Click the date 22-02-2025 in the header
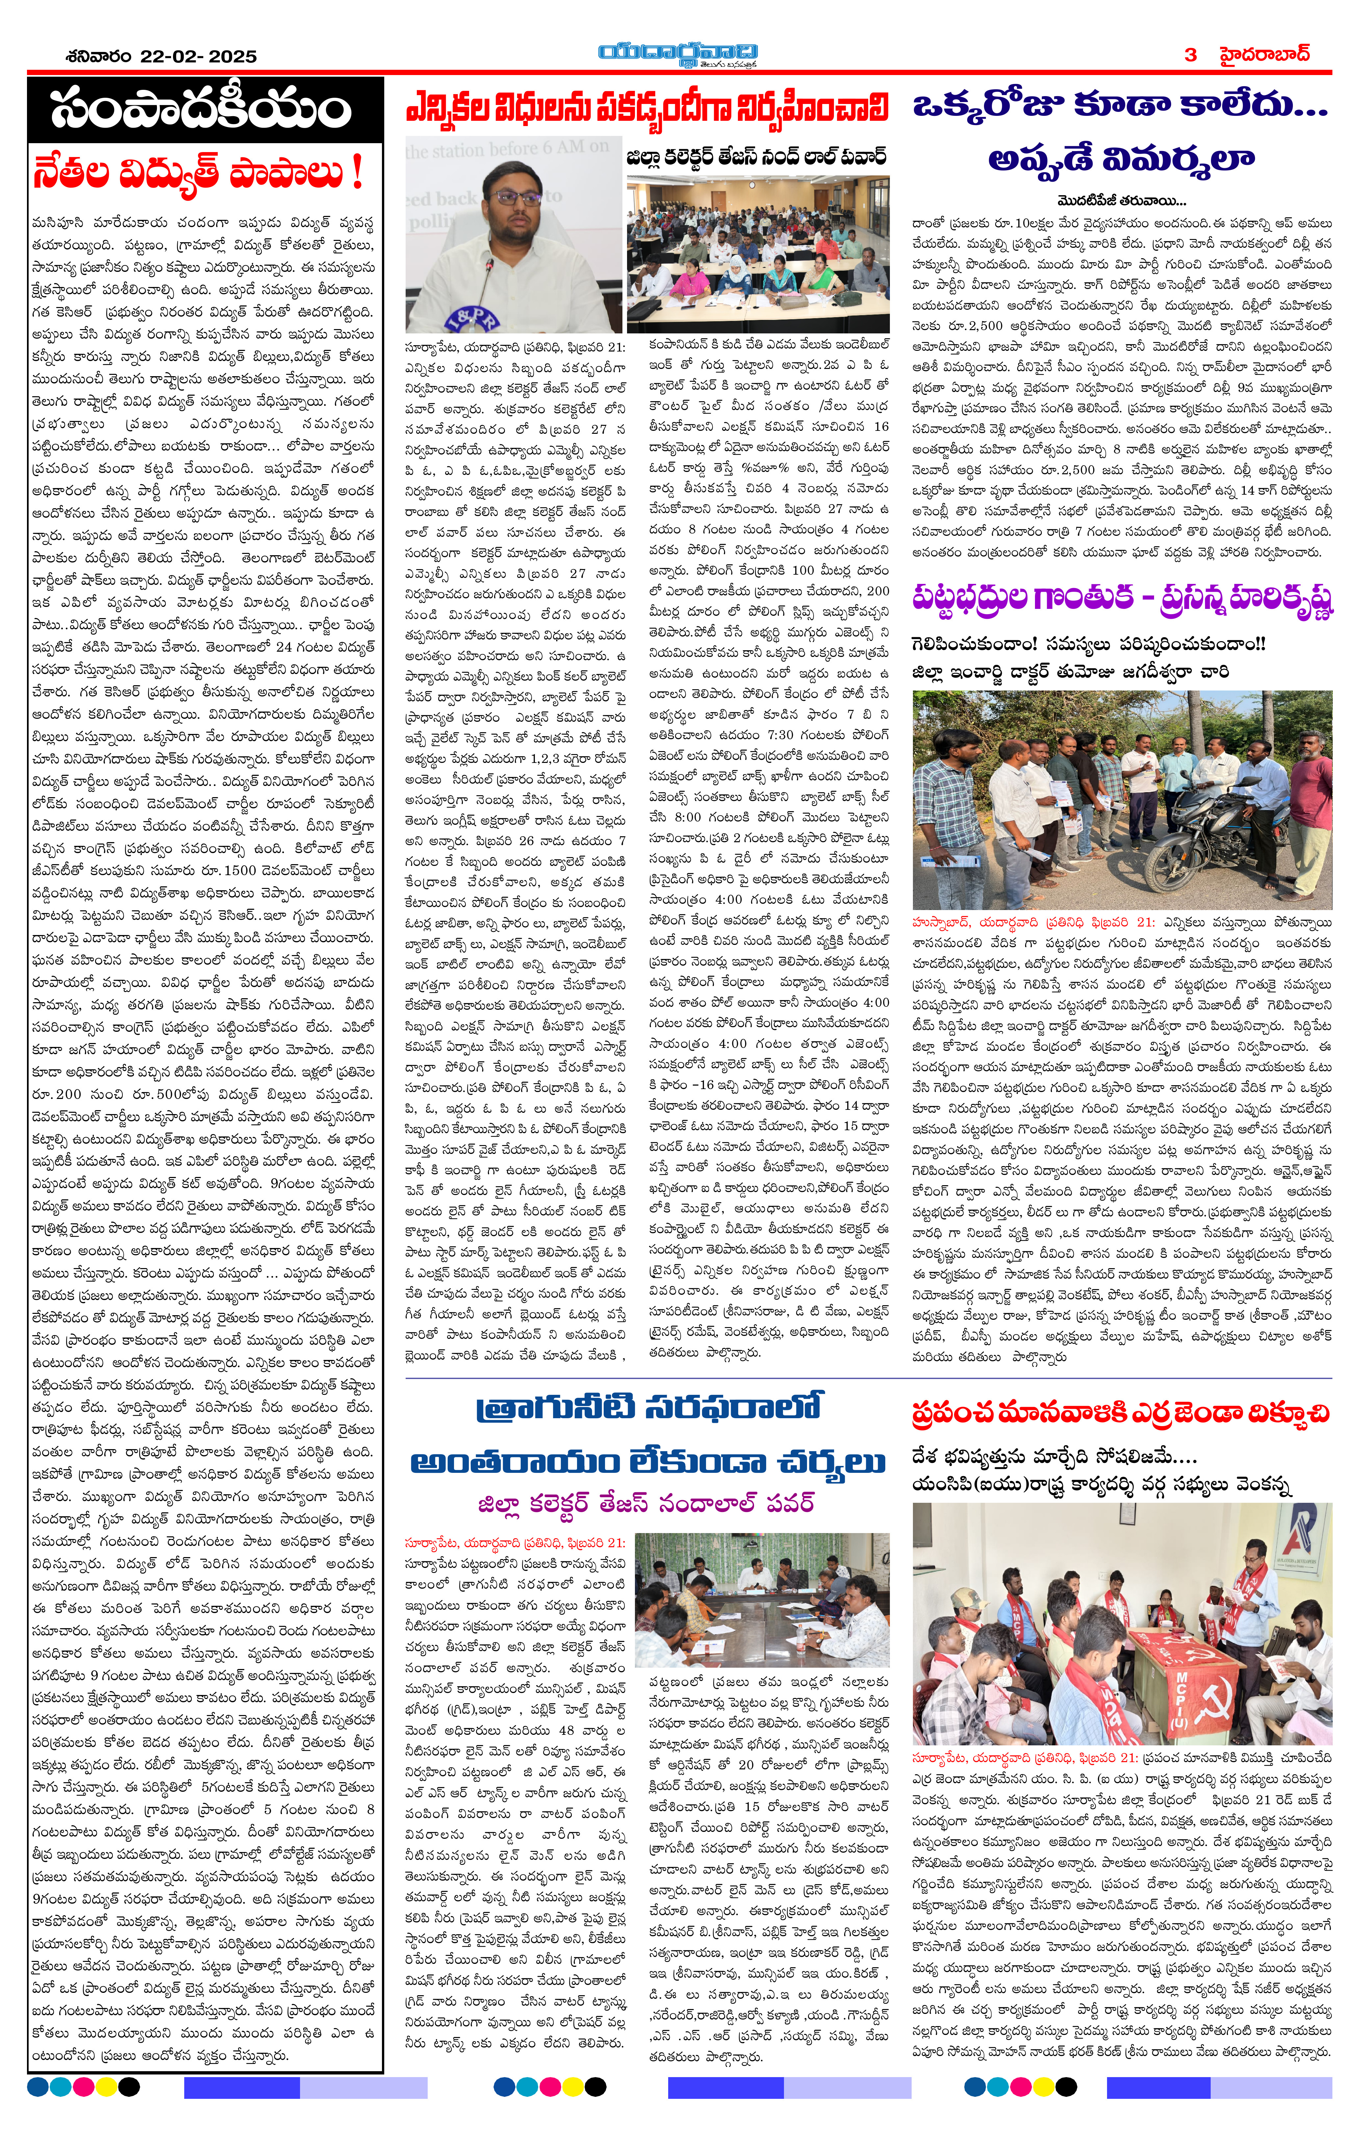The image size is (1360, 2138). [197, 56]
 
